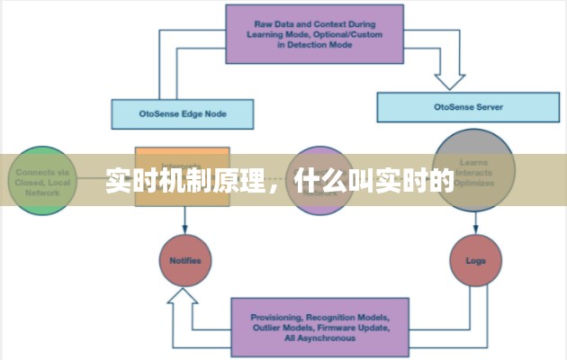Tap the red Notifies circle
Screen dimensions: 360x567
point(184,261)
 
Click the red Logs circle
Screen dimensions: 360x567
point(474,261)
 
